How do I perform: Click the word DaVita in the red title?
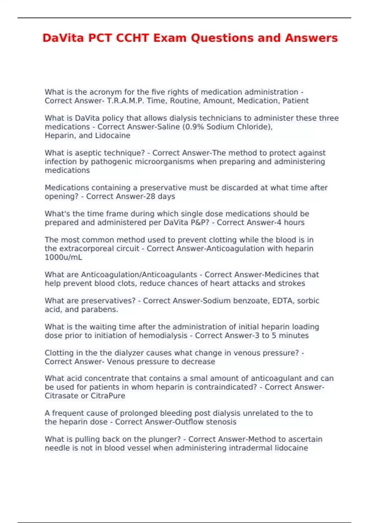(x=63, y=38)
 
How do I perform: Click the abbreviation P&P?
(x=200, y=222)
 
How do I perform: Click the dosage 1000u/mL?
(x=63, y=258)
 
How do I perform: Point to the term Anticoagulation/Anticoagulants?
(x=139, y=275)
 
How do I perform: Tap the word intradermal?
(x=250, y=448)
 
